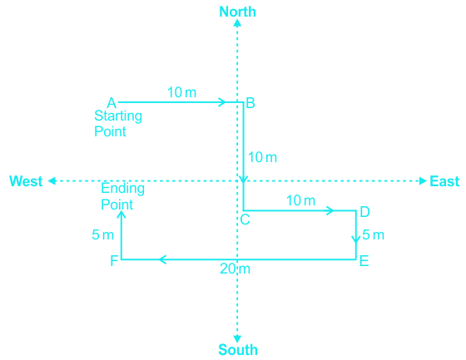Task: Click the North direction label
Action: pos(237,12)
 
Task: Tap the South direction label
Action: pos(238,349)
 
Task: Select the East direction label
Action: pos(444,181)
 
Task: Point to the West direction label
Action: pos(26,181)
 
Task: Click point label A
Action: pos(112,103)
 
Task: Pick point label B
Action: pos(250,103)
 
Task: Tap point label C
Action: pos(245,219)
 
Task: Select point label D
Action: pos(364,212)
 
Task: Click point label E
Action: pos(364,261)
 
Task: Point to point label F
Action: pos(115,261)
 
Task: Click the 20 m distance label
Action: pos(235,269)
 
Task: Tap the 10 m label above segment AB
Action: pos(182,92)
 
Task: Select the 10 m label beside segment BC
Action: pos(262,157)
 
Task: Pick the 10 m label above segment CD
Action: pos(300,200)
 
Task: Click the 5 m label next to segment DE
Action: pos(374,235)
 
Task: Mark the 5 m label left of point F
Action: pos(103,235)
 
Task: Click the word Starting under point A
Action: pos(118,116)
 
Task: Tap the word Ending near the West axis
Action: pos(123,189)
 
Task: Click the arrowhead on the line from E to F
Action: pos(162,259)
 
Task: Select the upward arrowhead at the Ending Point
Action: pos(121,214)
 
